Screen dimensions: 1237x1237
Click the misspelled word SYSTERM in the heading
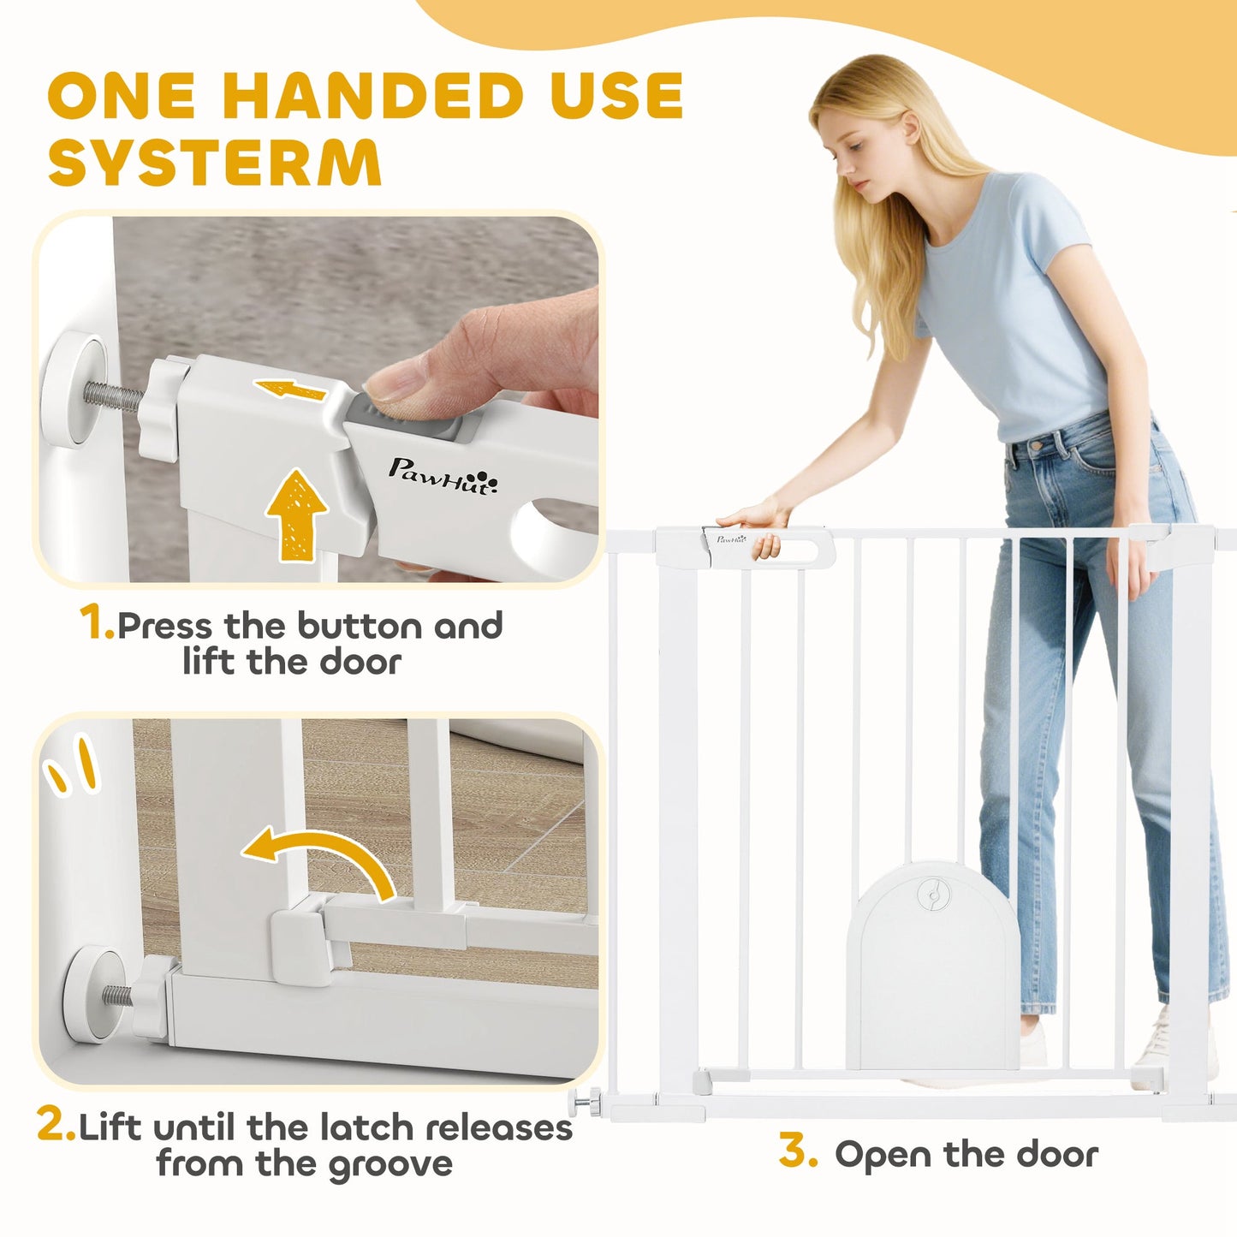(214, 162)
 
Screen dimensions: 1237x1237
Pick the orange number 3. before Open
(797, 1151)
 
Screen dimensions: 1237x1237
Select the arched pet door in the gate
(933, 967)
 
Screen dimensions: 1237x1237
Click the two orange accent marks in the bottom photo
(72, 765)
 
